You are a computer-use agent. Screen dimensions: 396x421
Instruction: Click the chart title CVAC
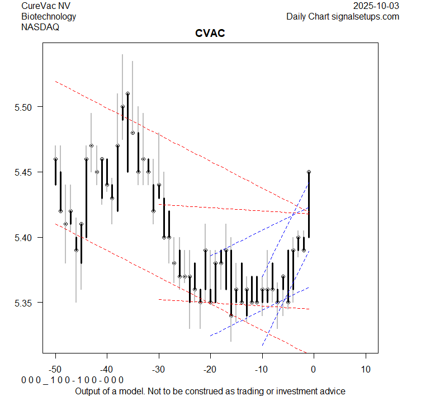[x=210, y=34]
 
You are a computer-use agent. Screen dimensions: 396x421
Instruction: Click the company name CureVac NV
[x=46, y=6]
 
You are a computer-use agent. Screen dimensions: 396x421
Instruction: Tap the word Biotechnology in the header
[x=49, y=16]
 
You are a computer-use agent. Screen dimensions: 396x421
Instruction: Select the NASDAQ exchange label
[x=40, y=27]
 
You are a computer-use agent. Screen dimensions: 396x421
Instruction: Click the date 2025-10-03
[x=377, y=6]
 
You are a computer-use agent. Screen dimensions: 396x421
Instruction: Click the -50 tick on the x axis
[x=55, y=369]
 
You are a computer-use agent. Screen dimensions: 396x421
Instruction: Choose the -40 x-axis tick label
[x=107, y=369]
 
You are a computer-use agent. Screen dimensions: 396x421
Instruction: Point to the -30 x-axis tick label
[x=158, y=369]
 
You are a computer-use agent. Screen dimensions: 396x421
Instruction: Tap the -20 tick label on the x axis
[x=210, y=369]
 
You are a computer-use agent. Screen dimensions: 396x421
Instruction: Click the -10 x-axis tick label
[x=261, y=369]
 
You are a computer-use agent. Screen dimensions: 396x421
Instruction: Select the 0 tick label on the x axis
[x=314, y=369]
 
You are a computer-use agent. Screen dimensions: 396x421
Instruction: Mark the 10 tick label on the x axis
[x=365, y=369]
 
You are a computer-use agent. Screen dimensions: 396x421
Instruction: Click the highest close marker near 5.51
[x=127, y=94]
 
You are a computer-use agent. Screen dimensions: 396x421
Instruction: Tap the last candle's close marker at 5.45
[x=309, y=172]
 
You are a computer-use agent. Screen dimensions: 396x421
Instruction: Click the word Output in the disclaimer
[x=89, y=391]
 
